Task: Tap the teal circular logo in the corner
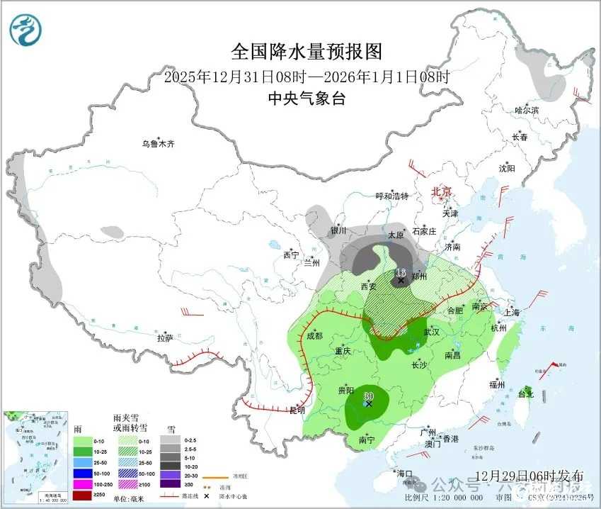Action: [x=25, y=30]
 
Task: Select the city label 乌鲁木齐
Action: [x=157, y=144]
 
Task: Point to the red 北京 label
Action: [x=442, y=191]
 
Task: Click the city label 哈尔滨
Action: [x=527, y=111]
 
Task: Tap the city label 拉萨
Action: [x=165, y=338]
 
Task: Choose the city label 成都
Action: [x=314, y=336]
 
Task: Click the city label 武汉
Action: [x=432, y=332]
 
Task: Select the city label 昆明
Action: [x=297, y=410]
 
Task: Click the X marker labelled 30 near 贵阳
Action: [x=368, y=404]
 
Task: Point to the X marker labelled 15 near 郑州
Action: [x=401, y=280]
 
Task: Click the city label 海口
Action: [x=404, y=473]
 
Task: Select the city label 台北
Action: [x=526, y=394]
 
